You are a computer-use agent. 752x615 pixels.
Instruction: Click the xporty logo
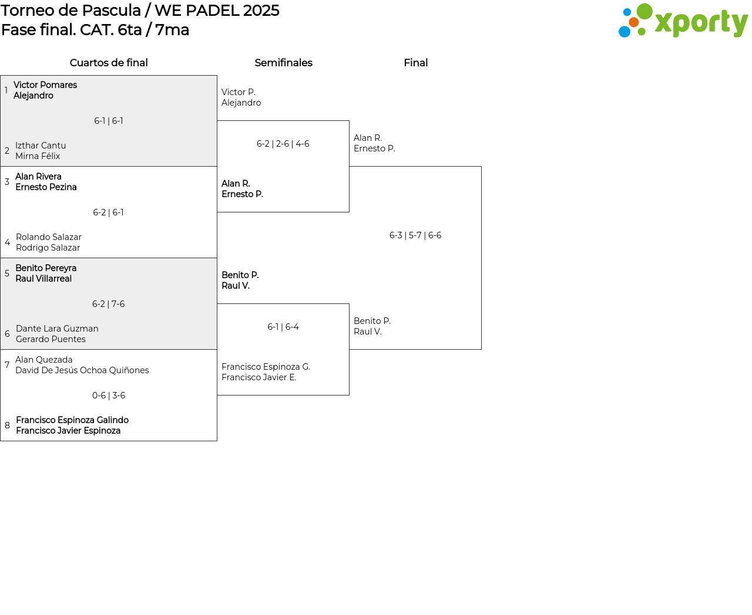pos(683,21)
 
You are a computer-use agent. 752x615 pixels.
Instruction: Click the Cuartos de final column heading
pos(109,63)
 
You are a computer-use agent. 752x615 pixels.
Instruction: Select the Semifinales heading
pos(283,63)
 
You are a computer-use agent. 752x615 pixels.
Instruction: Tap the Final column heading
pos(415,63)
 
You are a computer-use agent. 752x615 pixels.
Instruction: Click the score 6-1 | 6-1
pos(109,121)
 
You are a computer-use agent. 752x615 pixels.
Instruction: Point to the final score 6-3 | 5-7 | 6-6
pos(415,235)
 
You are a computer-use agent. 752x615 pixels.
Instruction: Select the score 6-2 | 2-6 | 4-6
pos(283,144)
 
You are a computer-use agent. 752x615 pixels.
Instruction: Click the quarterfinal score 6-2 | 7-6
pos(109,304)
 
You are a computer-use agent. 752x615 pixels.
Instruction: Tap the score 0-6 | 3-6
pos(109,396)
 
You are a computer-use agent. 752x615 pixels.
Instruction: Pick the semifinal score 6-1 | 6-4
pos(283,327)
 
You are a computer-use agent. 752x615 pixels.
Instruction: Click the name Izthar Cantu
pos(41,146)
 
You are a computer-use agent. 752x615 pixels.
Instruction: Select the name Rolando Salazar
pos(49,237)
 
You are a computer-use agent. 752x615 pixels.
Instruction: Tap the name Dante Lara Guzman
pos(57,329)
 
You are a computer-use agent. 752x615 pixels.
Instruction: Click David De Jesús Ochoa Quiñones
pos(82,370)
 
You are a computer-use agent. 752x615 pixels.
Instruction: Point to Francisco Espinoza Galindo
pos(72,420)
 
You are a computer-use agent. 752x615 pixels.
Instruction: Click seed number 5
pos(7,273)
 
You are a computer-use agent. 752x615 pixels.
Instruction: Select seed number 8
pos(7,425)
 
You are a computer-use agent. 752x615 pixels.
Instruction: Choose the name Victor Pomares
pos(45,85)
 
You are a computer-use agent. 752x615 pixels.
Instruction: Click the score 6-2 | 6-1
pos(109,212)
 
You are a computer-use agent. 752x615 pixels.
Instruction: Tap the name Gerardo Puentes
pos(51,339)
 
